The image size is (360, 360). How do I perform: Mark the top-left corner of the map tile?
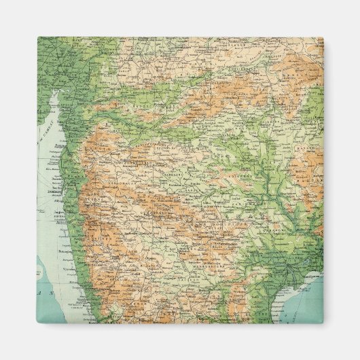tap(37, 37)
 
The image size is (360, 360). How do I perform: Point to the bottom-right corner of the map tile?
tap(323, 323)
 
